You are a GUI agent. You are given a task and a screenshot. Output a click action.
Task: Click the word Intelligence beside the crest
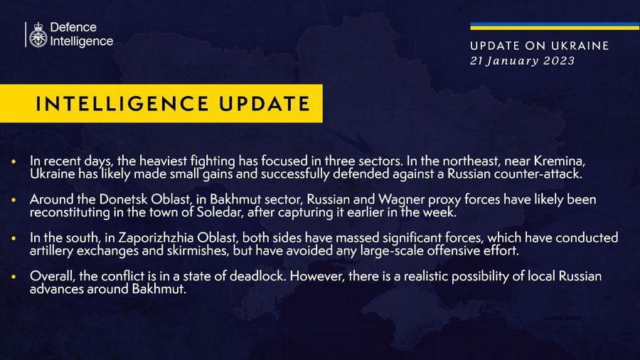(x=82, y=41)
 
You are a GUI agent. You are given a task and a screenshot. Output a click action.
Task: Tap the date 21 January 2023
(x=523, y=61)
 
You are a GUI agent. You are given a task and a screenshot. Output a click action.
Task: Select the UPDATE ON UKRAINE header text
(x=540, y=46)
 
